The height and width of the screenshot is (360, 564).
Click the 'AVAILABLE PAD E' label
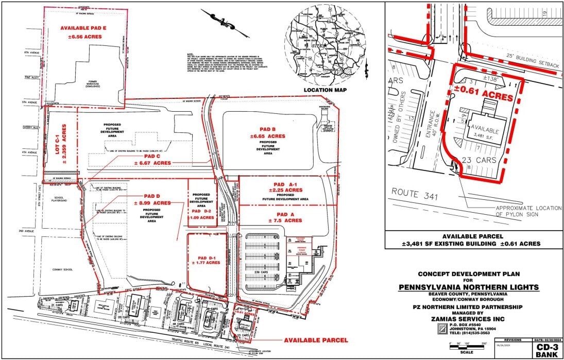click(x=83, y=28)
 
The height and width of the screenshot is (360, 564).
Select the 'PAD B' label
click(x=267, y=129)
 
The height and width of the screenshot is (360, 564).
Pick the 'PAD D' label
click(x=151, y=196)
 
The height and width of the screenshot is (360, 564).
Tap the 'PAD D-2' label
click(x=202, y=211)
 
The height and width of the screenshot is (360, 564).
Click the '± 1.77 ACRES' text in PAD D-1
click(x=206, y=263)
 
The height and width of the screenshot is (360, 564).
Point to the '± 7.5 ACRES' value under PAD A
click(x=285, y=220)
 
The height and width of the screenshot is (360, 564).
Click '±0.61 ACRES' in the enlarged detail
click(x=484, y=97)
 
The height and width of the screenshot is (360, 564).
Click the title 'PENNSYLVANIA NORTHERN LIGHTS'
click(x=469, y=287)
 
